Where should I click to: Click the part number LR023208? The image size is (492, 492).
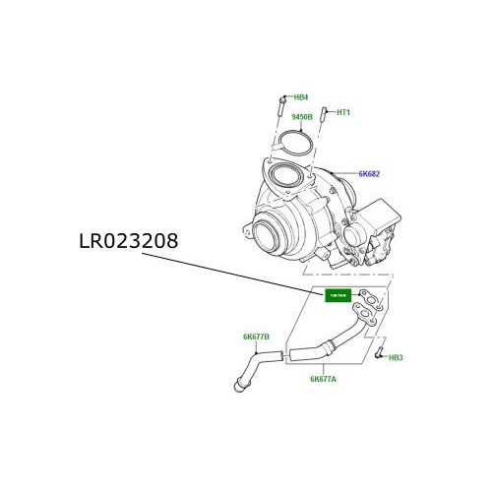click(x=129, y=241)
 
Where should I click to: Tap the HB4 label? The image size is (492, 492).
click(x=301, y=97)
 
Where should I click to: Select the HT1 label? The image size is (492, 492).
click(x=343, y=112)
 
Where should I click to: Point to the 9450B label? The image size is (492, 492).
click(x=302, y=117)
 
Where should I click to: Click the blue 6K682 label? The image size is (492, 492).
click(x=368, y=174)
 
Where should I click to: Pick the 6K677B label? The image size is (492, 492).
click(x=256, y=338)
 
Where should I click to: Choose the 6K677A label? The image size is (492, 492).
click(x=323, y=379)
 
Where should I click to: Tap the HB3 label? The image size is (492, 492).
click(x=396, y=357)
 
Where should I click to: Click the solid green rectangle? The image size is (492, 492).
click(x=338, y=295)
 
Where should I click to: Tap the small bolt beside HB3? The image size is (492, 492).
click(x=378, y=349)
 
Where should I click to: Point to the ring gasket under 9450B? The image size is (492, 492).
click(x=293, y=143)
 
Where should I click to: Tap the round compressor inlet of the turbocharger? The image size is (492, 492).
click(x=267, y=236)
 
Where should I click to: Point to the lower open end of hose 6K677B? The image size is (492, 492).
click(x=238, y=390)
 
